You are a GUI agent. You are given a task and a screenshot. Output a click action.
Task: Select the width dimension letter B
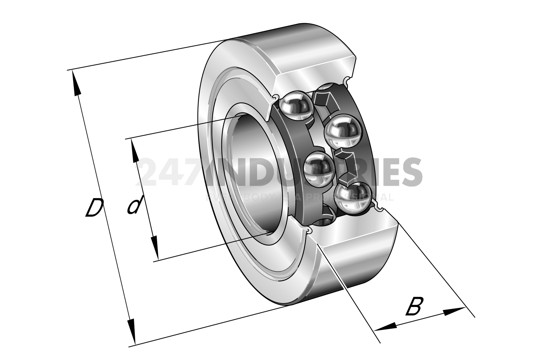pyautogui.click(x=414, y=306)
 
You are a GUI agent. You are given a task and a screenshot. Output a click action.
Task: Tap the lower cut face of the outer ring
pyautogui.click(x=357, y=231)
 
